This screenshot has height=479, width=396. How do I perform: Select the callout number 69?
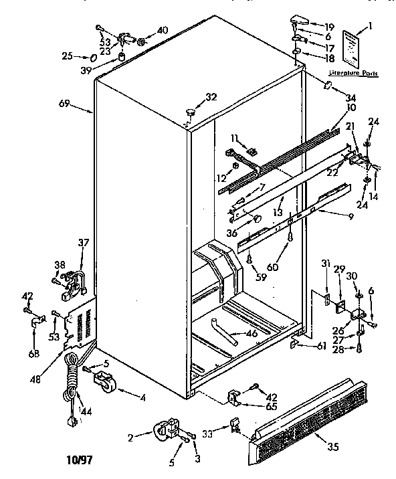[x=64, y=104]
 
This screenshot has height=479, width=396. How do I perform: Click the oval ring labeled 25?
[x=92, y=58]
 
